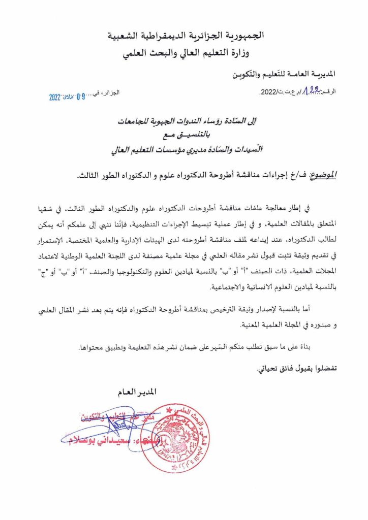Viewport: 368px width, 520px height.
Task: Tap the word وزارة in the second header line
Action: point(252,53)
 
